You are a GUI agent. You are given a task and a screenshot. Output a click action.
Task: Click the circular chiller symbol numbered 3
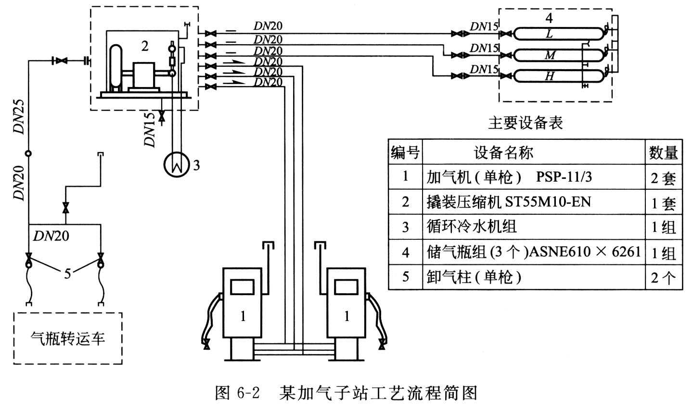point(174,165)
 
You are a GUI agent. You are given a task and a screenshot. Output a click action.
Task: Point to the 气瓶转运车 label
point(68,339)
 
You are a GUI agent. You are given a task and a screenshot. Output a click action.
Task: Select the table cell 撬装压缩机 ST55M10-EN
point(508,201)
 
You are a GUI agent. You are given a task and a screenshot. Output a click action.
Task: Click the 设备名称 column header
point(503,153)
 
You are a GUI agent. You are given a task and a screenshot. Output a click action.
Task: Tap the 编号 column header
point(405,153)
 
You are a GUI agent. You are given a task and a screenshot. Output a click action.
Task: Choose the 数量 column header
point(663,153)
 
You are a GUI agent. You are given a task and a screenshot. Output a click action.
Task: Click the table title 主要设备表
point(525,123)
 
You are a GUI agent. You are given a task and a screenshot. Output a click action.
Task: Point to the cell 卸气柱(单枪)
point(474,277)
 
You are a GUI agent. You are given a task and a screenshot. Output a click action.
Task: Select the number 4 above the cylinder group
point(549,18)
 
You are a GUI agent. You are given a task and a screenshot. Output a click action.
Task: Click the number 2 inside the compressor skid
point(145,46)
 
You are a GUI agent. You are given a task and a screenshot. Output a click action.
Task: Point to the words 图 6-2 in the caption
point(238,393)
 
